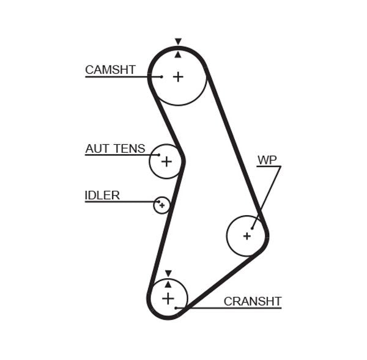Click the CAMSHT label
(110, 70)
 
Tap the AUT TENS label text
(115, 149)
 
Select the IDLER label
(102, 196)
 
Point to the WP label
(267, 160)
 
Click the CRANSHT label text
(252, 301)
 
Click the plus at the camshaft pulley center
(178, 77)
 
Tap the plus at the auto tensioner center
(166, 161)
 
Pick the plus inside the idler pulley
(161, 205)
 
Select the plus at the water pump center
(247, 235)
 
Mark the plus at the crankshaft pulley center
(168, 298)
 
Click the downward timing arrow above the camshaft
(178, 42)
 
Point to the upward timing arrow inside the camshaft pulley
(178, 54)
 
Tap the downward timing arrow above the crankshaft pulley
(168, 274)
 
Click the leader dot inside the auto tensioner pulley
(159, 155)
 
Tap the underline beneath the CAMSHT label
(116, 77)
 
